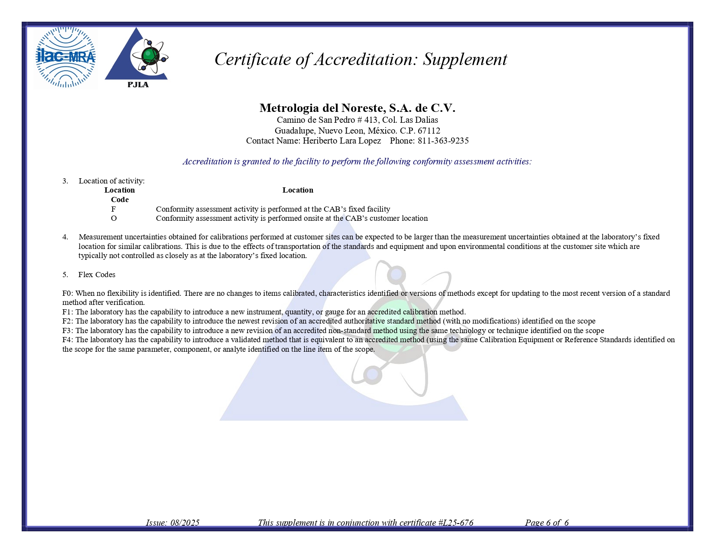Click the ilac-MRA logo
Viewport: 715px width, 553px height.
point(65,57)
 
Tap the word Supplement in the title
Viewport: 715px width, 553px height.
point(465,59)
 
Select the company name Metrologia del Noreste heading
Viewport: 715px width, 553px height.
point(357,108)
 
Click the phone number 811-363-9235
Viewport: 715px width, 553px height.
point(443,141)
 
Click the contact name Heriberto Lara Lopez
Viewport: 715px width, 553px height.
point(341,141)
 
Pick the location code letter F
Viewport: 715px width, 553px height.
point(114,209)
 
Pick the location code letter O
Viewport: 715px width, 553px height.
point(114,218)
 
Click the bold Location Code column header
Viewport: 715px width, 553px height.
point(120,195)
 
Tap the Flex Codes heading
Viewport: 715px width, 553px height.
point(97,275)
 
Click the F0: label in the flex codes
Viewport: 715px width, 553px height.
point(68,293)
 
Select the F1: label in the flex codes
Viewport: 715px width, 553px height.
point(68,312)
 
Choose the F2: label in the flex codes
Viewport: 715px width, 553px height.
point(68,321)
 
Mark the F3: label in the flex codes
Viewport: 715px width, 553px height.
point(68,330)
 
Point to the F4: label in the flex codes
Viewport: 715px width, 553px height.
point(68,340)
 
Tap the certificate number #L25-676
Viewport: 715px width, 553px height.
point(455,523)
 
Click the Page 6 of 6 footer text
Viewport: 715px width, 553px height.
point(546,523)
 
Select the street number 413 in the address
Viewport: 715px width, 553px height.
point(370,120)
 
